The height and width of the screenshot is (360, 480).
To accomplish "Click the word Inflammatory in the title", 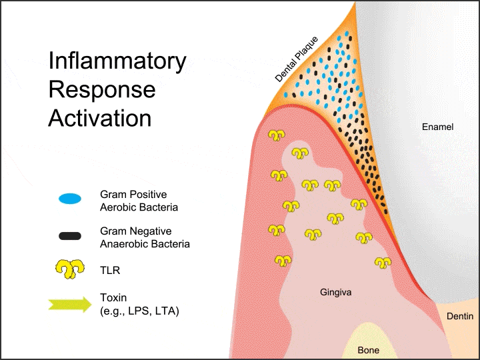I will [117, 62].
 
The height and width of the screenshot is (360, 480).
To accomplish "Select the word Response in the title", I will [101, 90].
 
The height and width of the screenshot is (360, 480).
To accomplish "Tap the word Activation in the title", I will [99, 118].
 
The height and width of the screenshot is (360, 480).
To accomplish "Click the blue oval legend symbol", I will [69, 199].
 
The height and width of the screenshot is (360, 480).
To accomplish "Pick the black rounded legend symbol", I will [69, 235].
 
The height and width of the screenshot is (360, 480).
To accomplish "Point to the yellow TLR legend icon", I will [69, 269].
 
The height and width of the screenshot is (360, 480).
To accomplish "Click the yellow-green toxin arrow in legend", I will [69, 304].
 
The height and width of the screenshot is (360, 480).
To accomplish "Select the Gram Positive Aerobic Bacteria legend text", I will [139, 201].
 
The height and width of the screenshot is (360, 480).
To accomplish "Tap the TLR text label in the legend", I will [109, 271].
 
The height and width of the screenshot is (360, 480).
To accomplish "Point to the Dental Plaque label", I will [298, 59].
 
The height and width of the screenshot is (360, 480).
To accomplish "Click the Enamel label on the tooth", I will [437, 127].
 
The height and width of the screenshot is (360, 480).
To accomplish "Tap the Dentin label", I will [460, 317].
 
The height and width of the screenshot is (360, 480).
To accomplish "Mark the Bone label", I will [369, 349].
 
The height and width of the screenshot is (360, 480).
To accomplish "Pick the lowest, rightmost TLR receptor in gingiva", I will [383, 263].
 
